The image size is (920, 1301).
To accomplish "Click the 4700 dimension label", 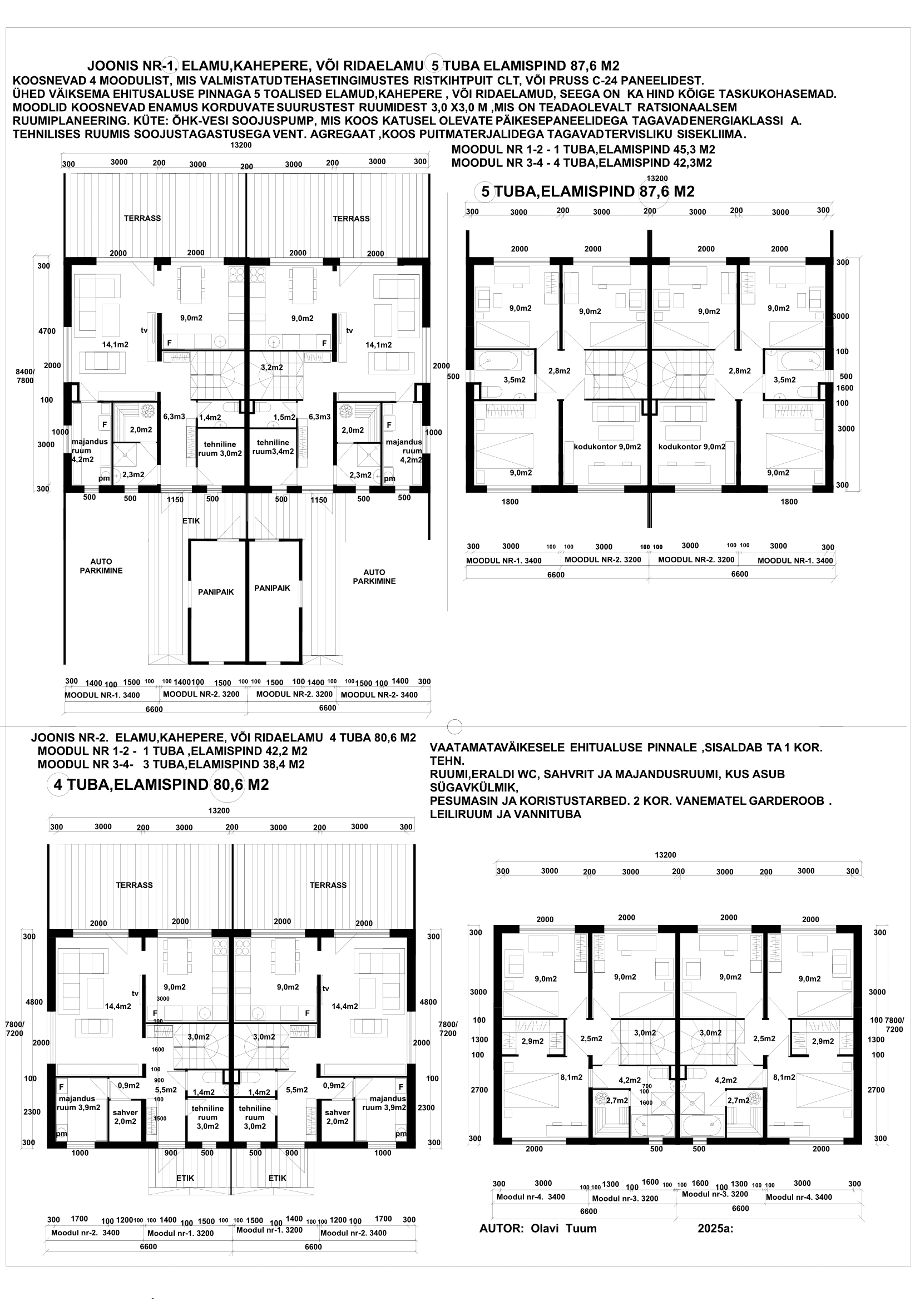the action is tap(47, 331).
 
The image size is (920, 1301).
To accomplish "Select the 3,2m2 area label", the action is tap(272, 367).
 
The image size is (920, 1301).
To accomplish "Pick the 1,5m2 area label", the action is tap(284, 417).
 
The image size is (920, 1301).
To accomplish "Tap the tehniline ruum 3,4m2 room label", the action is tap(273, 447).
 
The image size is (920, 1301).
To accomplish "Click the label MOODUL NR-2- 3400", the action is tap(379, 695).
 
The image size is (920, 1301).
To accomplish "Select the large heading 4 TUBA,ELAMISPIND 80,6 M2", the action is tap(161, 785).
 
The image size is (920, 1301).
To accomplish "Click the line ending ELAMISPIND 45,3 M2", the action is tap(583, 150).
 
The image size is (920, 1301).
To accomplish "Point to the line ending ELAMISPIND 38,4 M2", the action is tap(171, 764).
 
